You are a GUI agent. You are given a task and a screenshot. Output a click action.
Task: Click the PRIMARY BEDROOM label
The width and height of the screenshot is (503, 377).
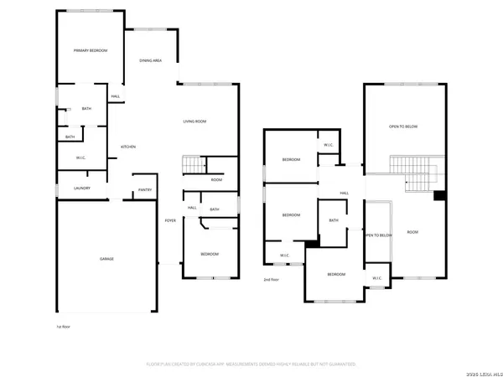coord(90,51)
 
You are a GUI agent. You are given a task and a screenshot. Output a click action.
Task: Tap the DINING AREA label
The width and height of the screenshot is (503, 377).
coord(151,61)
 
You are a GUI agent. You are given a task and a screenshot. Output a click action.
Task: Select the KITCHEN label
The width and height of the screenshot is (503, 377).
coord(127,147)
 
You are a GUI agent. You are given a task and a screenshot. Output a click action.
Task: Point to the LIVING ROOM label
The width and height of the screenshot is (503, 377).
coord(194,121)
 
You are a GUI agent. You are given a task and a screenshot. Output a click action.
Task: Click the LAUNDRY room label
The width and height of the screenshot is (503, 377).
coord(82,188)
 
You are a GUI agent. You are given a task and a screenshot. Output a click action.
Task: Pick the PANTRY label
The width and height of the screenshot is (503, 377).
coord(143,190)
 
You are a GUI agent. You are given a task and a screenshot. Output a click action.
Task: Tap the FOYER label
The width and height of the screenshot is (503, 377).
coord(170,220)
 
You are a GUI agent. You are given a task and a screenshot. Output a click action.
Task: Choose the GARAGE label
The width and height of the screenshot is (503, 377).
coord(106,259)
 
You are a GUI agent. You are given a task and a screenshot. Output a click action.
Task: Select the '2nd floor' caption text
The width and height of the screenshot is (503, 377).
coord(271,279)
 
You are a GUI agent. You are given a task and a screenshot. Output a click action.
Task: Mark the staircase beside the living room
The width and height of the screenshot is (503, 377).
coord(192,165)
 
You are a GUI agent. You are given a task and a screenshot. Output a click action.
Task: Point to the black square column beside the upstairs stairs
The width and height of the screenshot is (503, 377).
coord(438,197)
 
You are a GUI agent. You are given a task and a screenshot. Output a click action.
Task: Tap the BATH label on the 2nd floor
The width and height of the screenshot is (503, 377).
coord(334,220)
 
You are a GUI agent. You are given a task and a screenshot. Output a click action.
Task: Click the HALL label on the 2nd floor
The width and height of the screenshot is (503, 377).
coord(344,194)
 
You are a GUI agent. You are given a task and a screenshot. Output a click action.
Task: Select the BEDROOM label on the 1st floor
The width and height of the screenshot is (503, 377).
coord(209,254)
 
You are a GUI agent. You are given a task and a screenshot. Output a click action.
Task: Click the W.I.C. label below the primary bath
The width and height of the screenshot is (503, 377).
coord(80,158)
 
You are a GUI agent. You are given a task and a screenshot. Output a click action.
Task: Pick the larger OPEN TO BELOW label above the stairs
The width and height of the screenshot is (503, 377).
coord(403,127)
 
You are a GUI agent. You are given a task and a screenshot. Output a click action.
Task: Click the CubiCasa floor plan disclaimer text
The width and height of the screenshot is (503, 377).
coord(251,364)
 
